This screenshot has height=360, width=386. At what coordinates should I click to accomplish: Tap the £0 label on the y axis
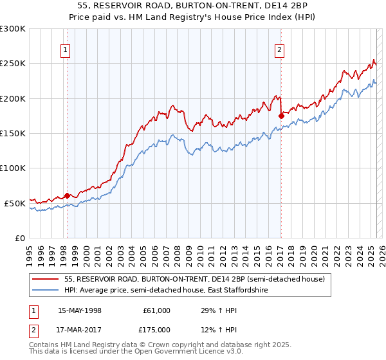[x=21, y=238]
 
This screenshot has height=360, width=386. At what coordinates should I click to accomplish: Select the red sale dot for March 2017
[x=281, y=116]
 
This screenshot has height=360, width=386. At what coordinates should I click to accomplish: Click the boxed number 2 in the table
[x=33, y=330]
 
